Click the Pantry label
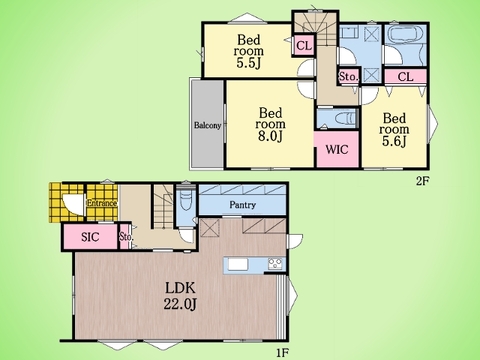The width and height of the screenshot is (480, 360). pyautogui.click(x=243, y=205)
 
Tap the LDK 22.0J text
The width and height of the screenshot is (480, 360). pyautogui.click(x=180, y=296)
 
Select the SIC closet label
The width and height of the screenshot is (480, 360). pyautogui.click(x=90, y=237)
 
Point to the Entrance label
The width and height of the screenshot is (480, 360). pyautogui.click(x=102, y=203)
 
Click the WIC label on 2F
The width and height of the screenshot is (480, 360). pyautogui.click(x=337, y=149)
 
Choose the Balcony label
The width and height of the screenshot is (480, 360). pyautogui.click(x=207, y=126)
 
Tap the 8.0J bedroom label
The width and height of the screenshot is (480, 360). pyautogui.click(x=271, y=124)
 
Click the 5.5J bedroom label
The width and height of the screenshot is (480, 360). pyautogui.click(x=249, y=51)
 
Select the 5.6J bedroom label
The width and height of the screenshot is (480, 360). pyautogui.click(x=394, y=130)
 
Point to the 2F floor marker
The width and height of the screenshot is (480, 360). pyautogui.click(x=421, y=181)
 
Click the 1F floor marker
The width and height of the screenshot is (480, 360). pyautogui.click(x=282, y=353)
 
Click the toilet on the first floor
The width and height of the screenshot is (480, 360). pyautogui.click(x=184, y=200)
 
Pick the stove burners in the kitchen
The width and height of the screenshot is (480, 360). pyautogui.click(x=275, y=264)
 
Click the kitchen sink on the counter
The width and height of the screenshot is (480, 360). pyautogui.click(x=238, y=264)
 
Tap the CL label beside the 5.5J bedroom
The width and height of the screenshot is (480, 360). pyautogui.click(x=304, y=46)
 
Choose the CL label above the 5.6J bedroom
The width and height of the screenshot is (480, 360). pyautogui.click(x=405, y=77)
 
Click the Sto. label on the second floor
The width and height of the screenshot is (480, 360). pyautogui.click(x=349, y=77)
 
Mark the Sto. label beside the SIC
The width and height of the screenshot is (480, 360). pyautogui.click(x=126, y=237)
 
